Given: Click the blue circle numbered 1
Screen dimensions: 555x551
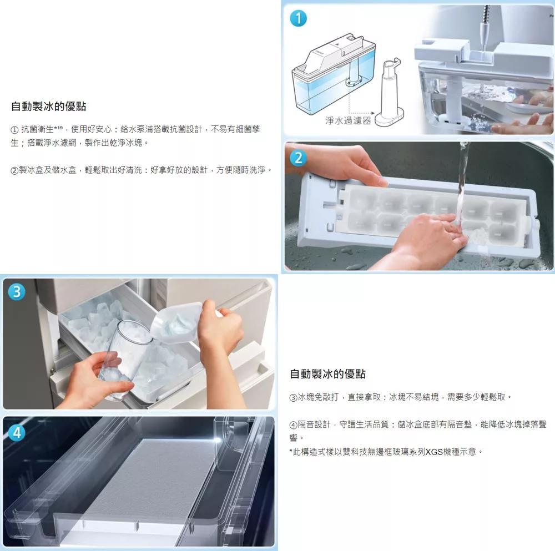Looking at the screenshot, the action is point(298,18).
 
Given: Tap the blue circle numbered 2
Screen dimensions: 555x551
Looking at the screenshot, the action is point(298,158).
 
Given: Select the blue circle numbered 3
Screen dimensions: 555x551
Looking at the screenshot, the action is point(17,292).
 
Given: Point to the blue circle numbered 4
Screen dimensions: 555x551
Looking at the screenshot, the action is point(17,433).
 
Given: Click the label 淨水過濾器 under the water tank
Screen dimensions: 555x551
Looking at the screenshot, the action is point(348,120).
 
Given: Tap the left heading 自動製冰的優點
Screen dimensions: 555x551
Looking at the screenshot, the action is point(48,106).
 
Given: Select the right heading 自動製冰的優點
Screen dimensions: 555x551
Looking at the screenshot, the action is point(327,373).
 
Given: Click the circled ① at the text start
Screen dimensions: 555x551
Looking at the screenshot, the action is point(14,130).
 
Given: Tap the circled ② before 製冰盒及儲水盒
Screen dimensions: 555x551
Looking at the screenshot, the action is point(14,170).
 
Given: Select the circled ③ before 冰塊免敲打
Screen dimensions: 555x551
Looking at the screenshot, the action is point(294,398).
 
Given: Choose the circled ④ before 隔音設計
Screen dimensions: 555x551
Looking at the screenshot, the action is point(294,424).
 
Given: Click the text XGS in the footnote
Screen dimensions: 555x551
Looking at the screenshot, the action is point(434,452).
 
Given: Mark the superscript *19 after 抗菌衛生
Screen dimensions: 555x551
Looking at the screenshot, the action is point(58,128).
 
